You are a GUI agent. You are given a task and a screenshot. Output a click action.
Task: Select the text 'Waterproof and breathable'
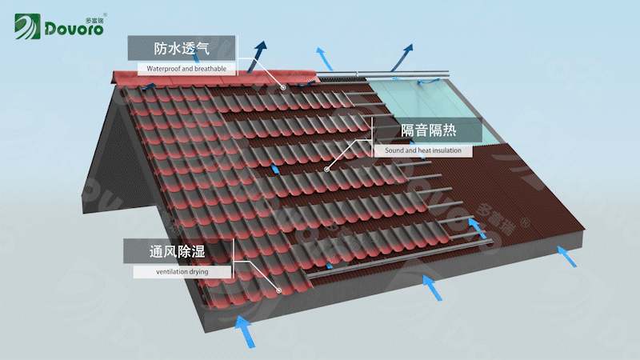click(186, 69)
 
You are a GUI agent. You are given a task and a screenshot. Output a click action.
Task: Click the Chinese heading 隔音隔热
click(428, 130)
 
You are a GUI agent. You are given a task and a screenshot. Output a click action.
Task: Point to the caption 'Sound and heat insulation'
click(422, 150)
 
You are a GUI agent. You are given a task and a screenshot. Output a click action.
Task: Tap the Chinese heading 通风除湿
click(177, 251)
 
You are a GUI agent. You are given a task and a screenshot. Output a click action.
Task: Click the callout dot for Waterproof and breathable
click(283, 87)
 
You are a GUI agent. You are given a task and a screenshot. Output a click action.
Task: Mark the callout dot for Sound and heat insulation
click(326, 170)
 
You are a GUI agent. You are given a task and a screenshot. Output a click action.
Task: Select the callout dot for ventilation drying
click(278, 290)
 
